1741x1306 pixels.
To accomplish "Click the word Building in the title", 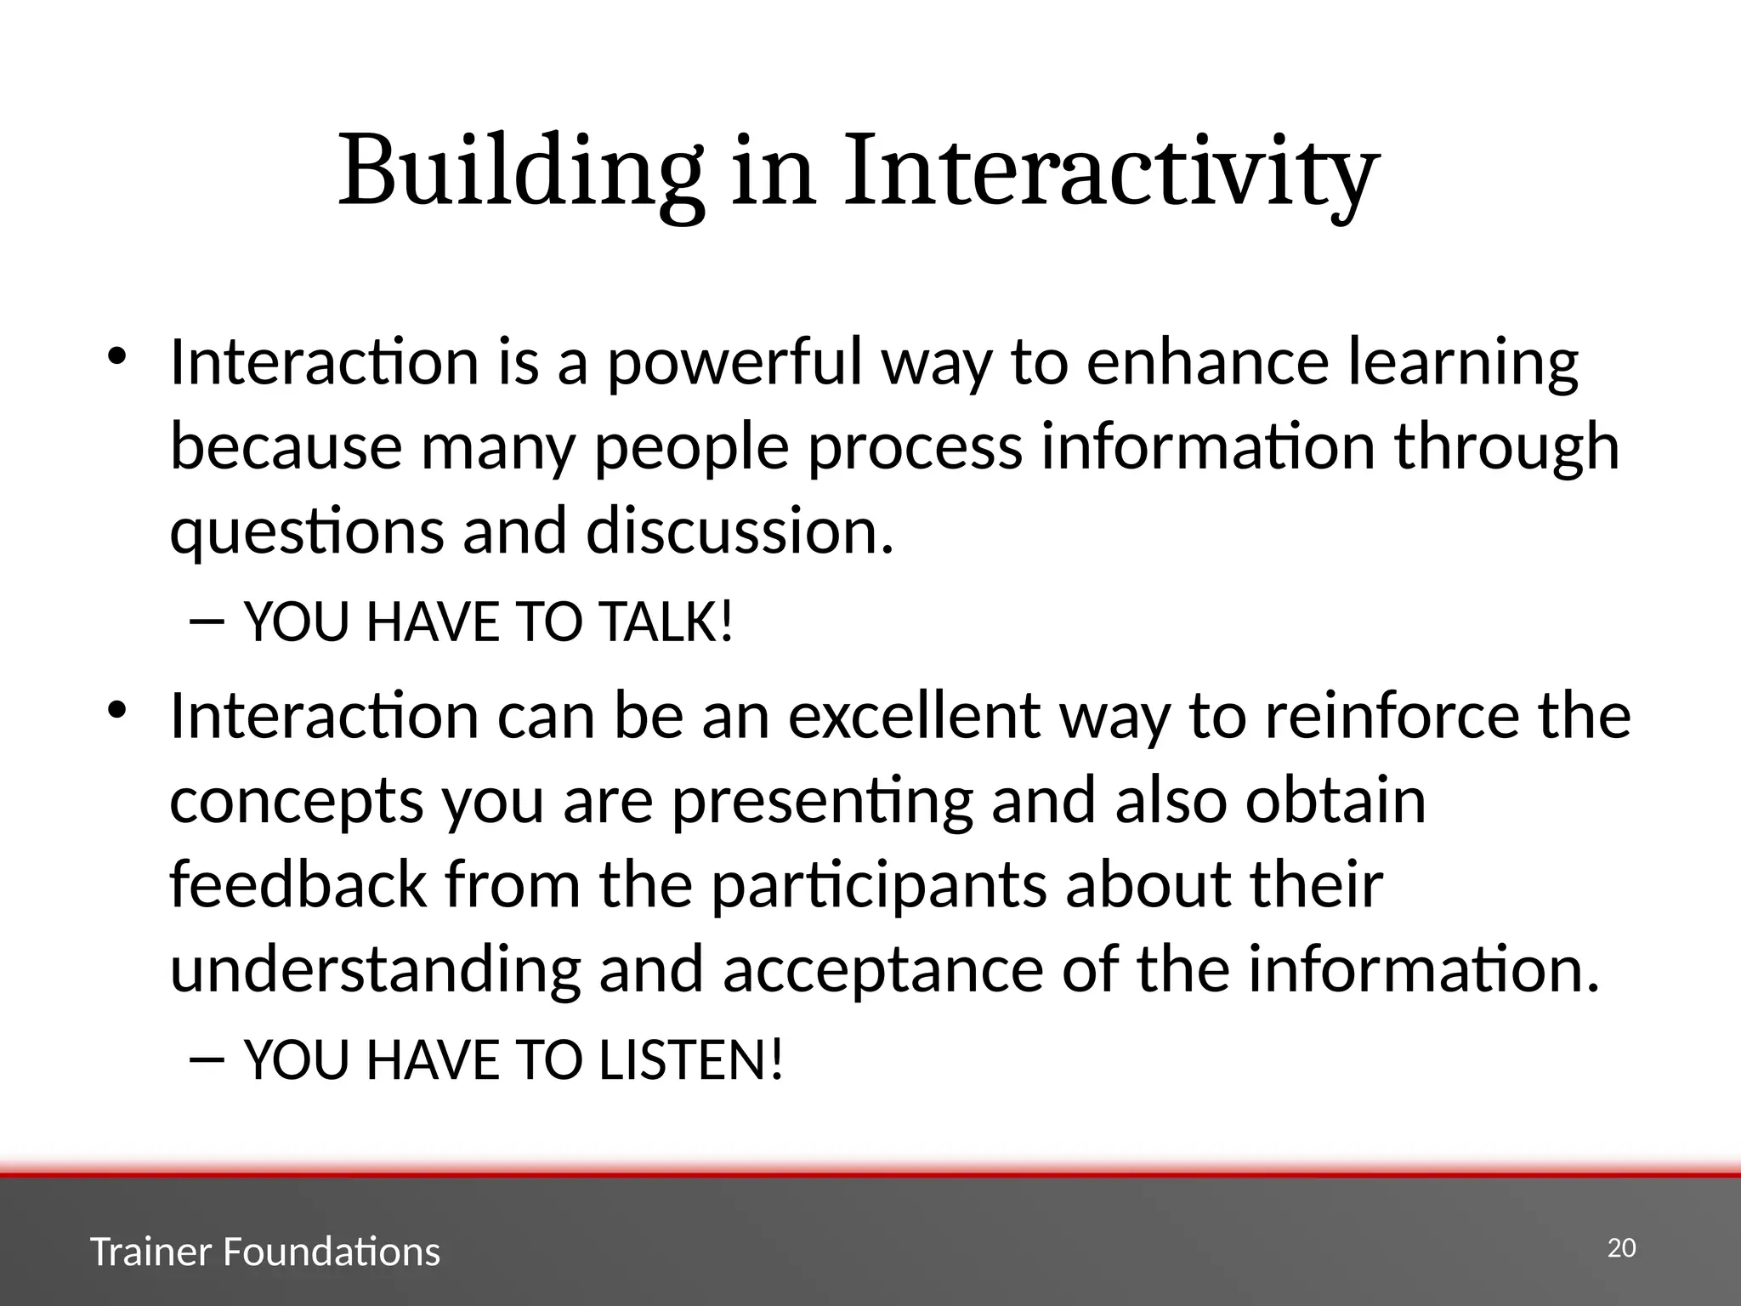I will [520, 172].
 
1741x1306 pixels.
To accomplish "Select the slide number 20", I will [1621, 1248].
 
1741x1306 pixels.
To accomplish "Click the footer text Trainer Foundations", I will [264, 1252].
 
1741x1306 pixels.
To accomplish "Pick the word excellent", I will [914, 716].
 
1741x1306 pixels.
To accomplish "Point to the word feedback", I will [298, 884].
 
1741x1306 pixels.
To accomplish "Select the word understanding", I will [375, 969].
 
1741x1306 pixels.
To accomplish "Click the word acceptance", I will [882, 969].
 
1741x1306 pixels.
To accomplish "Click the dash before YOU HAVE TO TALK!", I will [207, 623].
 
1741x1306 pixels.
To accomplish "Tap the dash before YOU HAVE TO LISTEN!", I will [207, 1060].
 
